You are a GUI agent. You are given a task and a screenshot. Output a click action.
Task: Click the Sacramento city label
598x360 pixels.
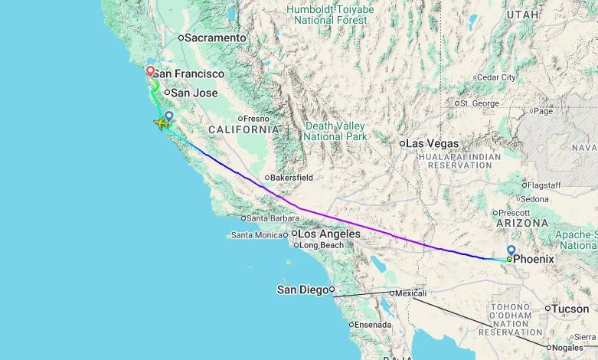[x=217, y=38]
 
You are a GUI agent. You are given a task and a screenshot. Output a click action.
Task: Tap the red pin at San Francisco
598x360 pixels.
[x=150, y=71]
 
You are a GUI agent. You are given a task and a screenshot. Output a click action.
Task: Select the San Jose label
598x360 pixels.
[x=194, y=93]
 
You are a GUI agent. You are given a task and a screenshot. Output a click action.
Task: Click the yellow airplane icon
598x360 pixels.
[x=162, y=123]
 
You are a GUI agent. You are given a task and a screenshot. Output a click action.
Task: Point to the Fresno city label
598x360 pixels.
[x=257, y=119]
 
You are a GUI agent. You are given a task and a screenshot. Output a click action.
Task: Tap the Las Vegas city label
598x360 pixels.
[x=432, y=143]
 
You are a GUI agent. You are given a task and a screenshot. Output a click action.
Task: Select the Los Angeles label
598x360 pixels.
[x=328, y=234]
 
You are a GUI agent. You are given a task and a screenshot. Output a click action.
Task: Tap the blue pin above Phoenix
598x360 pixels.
[x=511, y=250]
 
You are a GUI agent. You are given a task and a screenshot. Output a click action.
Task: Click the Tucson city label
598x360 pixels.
[x=570, y=309]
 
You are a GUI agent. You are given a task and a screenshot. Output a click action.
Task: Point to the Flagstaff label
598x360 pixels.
[x=545, y=185]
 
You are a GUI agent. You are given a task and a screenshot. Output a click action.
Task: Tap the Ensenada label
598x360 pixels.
[x=373, y=325]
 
